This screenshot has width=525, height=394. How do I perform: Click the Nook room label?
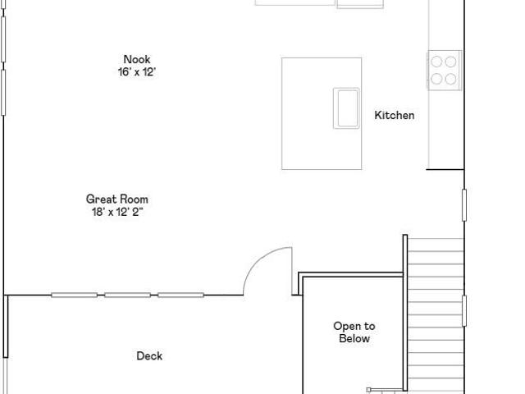click(137, 59)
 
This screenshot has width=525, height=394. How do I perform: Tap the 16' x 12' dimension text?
click(137, 71)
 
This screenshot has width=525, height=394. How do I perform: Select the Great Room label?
click(117, 199)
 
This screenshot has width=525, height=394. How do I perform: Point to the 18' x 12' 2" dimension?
click(118, 212)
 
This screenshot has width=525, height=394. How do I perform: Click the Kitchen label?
click(395, 115)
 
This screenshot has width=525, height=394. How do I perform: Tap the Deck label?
click(149, 355)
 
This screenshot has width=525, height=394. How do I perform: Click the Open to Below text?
click(354, 332)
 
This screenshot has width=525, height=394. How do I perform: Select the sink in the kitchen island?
click(346, 108)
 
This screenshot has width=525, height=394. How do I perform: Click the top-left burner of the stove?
click(436, 62)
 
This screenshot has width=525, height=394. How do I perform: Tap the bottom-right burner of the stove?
click(450, 79)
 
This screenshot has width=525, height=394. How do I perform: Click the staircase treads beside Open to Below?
click(436, 314)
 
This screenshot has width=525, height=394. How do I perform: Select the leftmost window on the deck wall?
click(75, 295)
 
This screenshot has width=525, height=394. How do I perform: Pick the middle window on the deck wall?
click(128, 295)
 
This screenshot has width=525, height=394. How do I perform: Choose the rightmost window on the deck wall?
click(180, 295)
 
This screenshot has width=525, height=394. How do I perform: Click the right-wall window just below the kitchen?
click(464, 205)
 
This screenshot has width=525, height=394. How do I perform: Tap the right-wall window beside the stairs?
click(464, 311)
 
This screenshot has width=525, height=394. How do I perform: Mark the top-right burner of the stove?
click(450, 62)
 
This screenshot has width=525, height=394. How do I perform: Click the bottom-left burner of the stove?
click(436, 79)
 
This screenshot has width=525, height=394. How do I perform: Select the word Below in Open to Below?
click(354, 338)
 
